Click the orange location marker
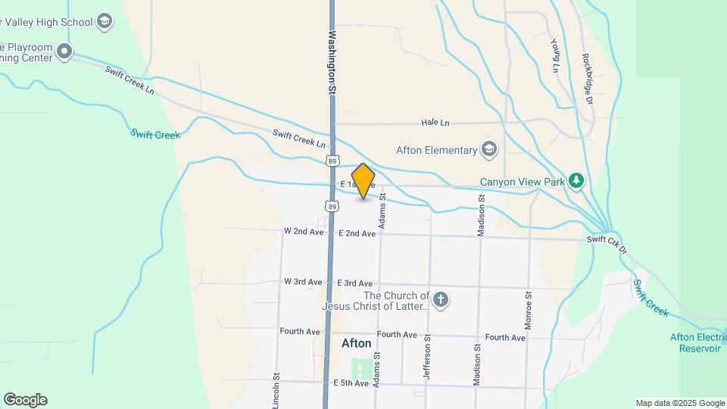click(363, 181)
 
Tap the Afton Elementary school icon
click(489, 149)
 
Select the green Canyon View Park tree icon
click(577, 180)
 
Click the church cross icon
click(441, 301)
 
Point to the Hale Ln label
click(435, 123)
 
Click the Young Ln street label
click(555, 56)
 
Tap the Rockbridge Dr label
click(588, 73)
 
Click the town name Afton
click(357, 343)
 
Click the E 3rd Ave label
click(355, 283)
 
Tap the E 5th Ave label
click(351, 383)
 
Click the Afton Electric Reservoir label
click(696, 343)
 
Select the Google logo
click(25, 400)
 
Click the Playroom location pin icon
click(64, 52)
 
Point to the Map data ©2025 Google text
click(680, 403)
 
